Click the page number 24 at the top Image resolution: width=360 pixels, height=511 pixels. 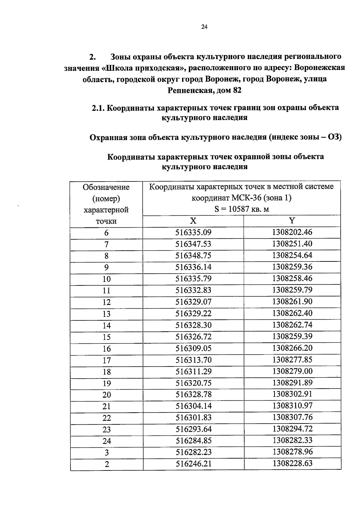(204, 27)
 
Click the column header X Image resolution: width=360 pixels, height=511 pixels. (193, 221)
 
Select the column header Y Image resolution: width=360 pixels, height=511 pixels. (292, 221)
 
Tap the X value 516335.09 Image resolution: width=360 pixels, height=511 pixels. (193, 232)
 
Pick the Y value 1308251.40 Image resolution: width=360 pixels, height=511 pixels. (292, 244)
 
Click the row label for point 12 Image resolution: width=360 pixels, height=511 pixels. (106, 302)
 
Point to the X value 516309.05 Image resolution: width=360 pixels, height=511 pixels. (193, 348)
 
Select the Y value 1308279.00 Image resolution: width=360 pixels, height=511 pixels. (292, 371)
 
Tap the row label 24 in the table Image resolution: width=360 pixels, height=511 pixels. (106, 441)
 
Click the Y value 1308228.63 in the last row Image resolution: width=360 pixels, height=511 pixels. (292, 463)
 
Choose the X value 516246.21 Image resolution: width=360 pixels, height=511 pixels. (193, 464)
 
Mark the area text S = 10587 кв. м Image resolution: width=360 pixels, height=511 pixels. (241, 209)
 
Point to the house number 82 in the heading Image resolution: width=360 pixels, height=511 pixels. (237, 90)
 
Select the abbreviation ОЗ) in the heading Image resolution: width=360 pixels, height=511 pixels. (335, 137)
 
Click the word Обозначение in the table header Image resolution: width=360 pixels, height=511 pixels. (106, 187)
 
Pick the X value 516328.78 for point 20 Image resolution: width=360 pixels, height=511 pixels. (193, 394)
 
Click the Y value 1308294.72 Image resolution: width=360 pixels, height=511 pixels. (292, 429)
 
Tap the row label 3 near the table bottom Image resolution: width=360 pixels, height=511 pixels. (106, 453)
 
